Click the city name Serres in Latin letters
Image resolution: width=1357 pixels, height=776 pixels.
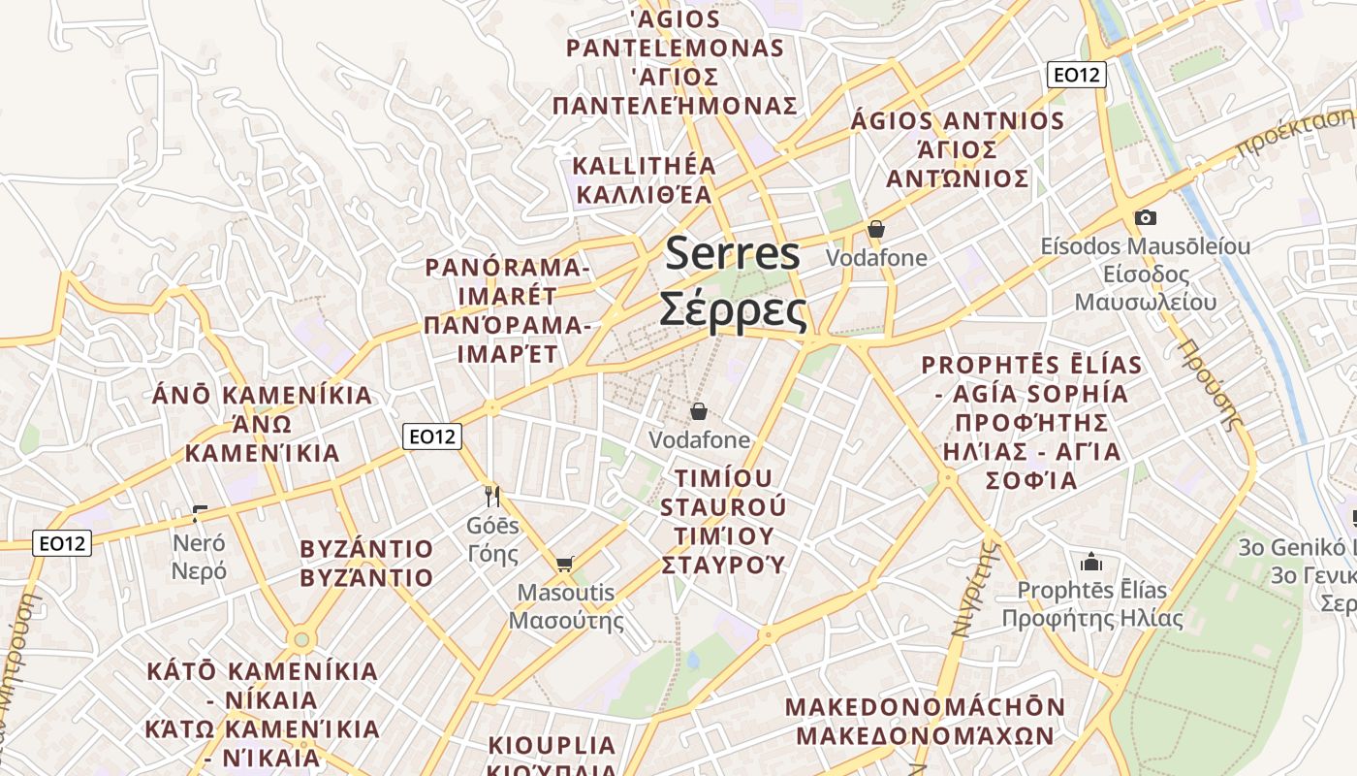point(733,254)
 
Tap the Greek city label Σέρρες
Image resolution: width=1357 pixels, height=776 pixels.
point(733,310)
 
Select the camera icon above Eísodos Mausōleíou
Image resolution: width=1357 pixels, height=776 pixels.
point(1146,217)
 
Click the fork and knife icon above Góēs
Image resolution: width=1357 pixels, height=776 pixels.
point(492,497)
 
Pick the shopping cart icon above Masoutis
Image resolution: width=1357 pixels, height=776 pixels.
point(565,564)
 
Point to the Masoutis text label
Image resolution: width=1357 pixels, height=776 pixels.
point(566,592)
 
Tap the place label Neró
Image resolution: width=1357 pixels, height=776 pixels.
point(199,543)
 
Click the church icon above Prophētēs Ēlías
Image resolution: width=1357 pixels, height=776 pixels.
point(1091,562)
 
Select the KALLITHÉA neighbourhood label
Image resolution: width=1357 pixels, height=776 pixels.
point(644,166)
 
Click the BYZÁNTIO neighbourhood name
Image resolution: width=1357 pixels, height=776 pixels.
point(366,549)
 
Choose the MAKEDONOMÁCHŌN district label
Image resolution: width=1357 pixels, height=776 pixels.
point(925,707)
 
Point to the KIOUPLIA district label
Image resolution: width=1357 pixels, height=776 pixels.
point(552,745)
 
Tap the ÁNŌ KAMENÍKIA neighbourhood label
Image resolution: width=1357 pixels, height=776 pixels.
point(263,396)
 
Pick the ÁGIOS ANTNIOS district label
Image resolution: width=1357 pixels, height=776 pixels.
point(957,121)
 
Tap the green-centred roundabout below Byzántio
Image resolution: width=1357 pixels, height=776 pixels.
point(301,639)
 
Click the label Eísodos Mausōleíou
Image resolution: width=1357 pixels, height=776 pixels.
point(1145,246)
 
